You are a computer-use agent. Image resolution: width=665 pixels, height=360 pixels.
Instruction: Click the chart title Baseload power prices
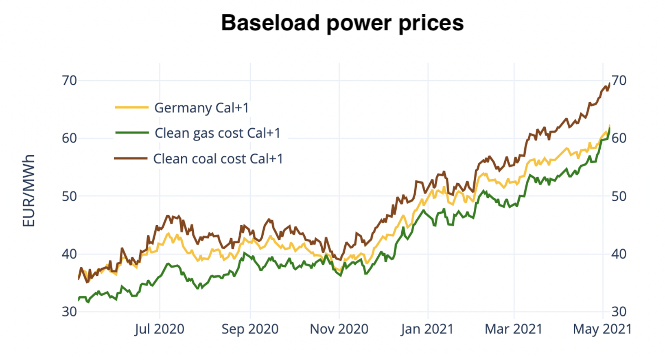pyautogui.click(x=342, y=23)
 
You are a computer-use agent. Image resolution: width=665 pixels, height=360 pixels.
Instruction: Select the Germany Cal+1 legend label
pyautogui.click(x=201, y=108)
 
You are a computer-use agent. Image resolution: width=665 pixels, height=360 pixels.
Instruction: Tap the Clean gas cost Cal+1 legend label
pyautogui.click(x=217, y=133)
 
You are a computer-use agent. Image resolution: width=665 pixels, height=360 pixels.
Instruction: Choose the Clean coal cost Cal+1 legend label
pyautogui.click(x=218, y=159)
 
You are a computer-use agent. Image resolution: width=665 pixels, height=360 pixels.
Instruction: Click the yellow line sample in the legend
pyautogui.click(x=131, y=108)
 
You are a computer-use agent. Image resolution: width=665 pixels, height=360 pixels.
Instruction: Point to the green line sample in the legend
pyautogui.click(x=131, y=133)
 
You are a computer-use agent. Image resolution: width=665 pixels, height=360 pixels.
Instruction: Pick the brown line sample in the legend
pyautogui.click(x=131, y=158)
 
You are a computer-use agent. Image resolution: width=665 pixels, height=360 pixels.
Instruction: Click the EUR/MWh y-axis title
pyautogui.click(x=28, y=191)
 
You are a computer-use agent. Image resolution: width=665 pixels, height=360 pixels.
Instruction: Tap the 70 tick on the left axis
pyautogui.click(x=69, y=81)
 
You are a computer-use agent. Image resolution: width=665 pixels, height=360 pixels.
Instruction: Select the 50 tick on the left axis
pyautogui.click(x=69, y=196)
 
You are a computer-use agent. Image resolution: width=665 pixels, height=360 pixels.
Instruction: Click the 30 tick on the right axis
pyautogui.click(x=619, y=312)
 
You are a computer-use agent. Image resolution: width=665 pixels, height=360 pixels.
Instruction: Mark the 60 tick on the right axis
pyautogui.click(x=619, y=138)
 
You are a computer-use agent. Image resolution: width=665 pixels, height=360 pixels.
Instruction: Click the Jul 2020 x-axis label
pyautogui.click(x=160, y=329)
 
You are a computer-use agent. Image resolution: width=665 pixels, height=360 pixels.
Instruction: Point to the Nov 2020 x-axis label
pyautogui.click(x=339, y=329)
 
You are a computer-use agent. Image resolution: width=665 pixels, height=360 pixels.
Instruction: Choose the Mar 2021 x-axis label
pyautogui.click(x=514, y=329)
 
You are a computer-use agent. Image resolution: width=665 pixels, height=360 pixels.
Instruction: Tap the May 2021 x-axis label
pyautogui.click(x=602, y=329)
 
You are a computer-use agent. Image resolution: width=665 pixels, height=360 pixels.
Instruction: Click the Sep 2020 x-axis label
pyautogui.click(x=250, y=329)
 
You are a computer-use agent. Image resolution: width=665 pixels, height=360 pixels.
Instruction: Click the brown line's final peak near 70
pyautogui.click(x=609, y=84)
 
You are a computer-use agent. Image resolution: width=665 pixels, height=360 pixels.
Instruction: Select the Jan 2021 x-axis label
pyautogui.click(x=427, y=329)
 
